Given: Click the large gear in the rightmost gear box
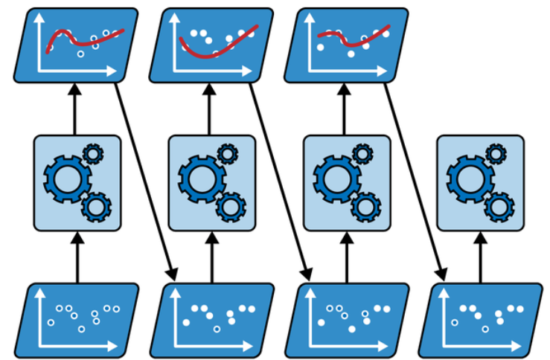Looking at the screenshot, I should (x=468, y=178).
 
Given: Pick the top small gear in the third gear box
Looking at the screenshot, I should (x=363, y=154).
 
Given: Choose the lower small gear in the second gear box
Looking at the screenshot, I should (x=231, y=205).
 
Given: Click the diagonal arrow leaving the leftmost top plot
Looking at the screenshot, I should (x=145, y=179).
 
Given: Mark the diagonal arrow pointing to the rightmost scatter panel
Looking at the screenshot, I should (x=414, y=179).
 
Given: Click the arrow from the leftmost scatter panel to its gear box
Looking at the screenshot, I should (x=76, y=257).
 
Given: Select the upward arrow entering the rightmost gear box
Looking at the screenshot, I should (x=479, y=257).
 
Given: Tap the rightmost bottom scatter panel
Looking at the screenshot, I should (x=481, y=318).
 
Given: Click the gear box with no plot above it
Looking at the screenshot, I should (x=479, y=182).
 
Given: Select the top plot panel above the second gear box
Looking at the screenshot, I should (x=211, y=45).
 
